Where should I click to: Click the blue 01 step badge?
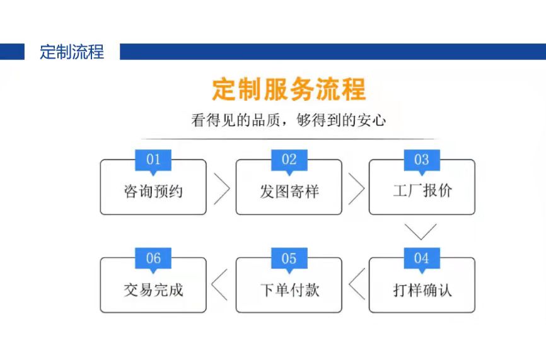[153, 160]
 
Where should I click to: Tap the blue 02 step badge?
[289, 160]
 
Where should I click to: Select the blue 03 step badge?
[421, 160]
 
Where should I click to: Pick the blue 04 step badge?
[421, 258]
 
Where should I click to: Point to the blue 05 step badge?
[289, 258]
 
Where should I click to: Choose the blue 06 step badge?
[153, 258]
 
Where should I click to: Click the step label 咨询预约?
[153, 191]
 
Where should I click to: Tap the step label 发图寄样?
[289, 191]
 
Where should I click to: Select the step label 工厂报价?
[422, 191]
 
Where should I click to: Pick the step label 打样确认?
[422, 290]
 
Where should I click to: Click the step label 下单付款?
[289, 290]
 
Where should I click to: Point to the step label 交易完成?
[153, 290]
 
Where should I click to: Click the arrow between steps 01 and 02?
[221, 187]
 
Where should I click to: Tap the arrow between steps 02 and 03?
[356, 187]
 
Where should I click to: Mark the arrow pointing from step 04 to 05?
[356, 285]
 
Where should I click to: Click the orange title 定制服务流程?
[288, 90]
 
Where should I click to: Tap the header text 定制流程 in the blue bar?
[71, 52]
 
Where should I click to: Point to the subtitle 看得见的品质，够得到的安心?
[288, 120]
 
